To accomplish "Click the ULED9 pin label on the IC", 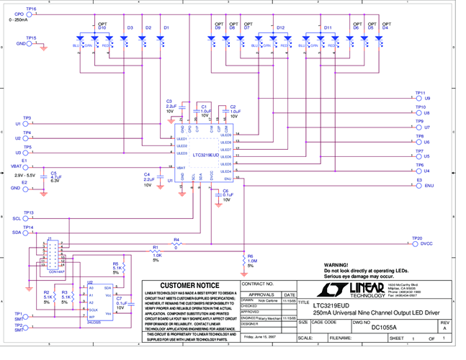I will click(225, 135).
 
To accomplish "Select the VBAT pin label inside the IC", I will click(182, 167).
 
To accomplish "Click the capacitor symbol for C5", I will click(45, 174).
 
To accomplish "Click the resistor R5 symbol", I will click(123, 268).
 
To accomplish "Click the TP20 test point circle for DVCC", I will click(414, 243).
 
